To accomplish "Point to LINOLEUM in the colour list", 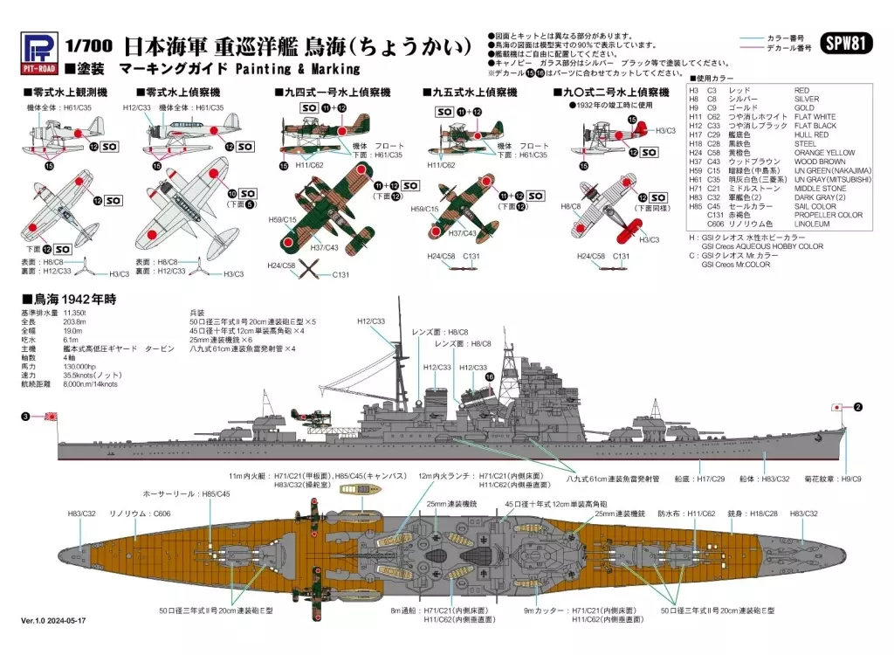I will (812, 224).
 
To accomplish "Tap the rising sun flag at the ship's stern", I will (52, 417).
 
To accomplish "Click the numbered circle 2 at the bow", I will (857, 407).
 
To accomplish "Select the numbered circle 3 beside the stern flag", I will (25, 417).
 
